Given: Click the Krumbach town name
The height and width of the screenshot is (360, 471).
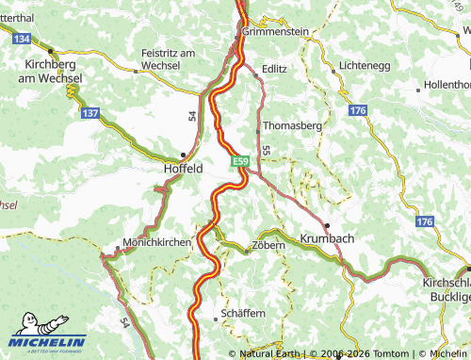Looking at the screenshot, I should (x=327, y=238).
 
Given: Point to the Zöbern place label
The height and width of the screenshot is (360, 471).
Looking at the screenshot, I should (x=265, y=250).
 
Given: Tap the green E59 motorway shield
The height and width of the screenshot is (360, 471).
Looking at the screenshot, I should (x=241, y=163).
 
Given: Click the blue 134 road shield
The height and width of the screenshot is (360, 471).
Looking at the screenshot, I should (x=23, y=38).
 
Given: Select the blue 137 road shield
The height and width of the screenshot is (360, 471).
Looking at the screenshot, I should (x=90, y=113).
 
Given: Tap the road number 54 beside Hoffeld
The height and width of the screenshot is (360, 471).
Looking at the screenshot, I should (x=191, y=115).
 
